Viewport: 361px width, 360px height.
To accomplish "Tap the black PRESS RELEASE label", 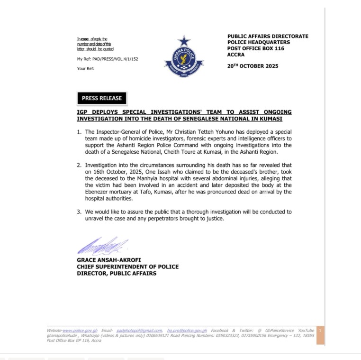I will coord(102,98).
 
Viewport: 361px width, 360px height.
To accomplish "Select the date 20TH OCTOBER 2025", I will coord(253,66).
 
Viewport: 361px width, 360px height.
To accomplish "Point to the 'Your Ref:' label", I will coord(86,69).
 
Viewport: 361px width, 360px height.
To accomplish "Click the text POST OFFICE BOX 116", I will coord(256,48).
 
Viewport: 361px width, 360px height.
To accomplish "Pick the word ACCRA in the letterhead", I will coord(236,55).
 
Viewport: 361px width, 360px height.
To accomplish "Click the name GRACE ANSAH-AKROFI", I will coord(109,260).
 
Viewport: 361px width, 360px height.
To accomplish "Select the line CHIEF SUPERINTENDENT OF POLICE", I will coord(128,267).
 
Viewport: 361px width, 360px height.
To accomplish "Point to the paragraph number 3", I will coord(79,212).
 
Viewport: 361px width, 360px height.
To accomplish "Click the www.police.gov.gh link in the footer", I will coord(80,331).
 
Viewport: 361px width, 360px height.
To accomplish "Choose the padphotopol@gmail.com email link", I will coord(139,331).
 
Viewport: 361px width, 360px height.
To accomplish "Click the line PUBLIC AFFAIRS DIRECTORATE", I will coord(268,36).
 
